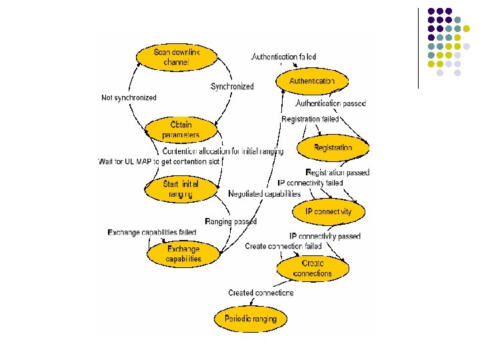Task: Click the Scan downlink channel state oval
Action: click(x=171, y=57)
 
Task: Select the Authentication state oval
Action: click(x=312, y=81)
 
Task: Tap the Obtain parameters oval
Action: click(x=181, y=129)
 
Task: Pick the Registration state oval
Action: click(x=333, y=147)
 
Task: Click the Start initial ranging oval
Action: click(x=181, y=189)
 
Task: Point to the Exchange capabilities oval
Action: click(x=183, y=254)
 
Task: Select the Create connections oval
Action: click(x=312, y=268)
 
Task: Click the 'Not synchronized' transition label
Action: click(x=129, y=97)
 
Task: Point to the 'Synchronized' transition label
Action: click(x=232, y=87)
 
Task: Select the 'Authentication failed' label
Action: click(x=283, y=57)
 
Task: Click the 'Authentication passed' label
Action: click(x=330, y=103)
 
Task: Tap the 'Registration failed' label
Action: click(x=310, y=119)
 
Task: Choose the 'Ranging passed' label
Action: click(x=231, y=221)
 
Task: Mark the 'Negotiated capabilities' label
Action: click(x=264, y=193)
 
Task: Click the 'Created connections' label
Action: click(x=261, y=293)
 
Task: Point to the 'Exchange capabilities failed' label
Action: click(x=152, y=232)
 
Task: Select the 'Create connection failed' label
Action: click(x=283, y=246)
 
